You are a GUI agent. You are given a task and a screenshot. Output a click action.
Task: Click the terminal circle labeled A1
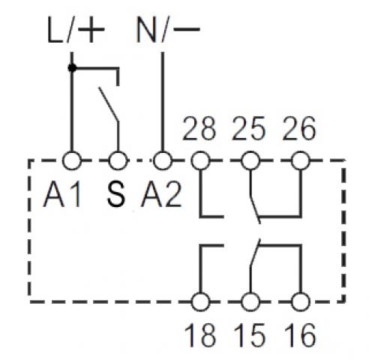72,160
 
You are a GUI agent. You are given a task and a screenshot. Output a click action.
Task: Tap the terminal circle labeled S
118,160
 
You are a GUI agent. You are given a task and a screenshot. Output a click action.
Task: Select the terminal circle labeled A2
163,160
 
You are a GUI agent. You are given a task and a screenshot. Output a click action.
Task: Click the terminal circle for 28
200,160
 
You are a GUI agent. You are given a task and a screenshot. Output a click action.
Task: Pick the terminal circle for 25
250,160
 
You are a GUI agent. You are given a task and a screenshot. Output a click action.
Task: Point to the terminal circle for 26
301,160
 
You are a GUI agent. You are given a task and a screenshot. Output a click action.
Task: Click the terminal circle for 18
200,301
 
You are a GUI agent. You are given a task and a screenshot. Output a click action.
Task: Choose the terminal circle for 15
250,301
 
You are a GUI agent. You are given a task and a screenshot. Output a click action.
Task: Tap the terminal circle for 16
301,301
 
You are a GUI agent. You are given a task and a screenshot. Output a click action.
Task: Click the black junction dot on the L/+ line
72,67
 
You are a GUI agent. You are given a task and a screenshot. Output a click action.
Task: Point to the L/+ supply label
76,30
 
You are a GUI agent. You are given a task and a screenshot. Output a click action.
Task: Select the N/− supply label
168,30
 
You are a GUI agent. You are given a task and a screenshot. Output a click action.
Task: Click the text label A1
62,195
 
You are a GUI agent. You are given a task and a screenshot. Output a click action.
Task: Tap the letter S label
116,195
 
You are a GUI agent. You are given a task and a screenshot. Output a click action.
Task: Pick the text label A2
161,195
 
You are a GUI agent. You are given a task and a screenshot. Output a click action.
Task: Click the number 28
199,128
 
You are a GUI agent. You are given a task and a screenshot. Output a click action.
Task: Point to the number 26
299,128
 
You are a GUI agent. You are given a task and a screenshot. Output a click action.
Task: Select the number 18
200,335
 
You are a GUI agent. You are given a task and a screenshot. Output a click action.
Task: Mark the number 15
250,335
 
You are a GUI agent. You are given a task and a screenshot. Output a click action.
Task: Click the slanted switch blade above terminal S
109,104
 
